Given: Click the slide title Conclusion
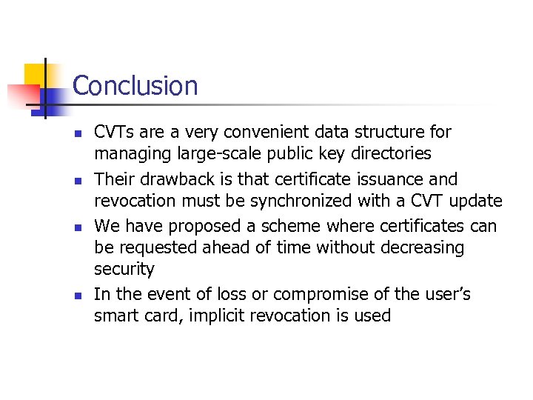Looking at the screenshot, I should pos(135,86).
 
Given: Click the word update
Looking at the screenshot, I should pos(476,201).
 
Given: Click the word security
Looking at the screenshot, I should pos(124,269).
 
